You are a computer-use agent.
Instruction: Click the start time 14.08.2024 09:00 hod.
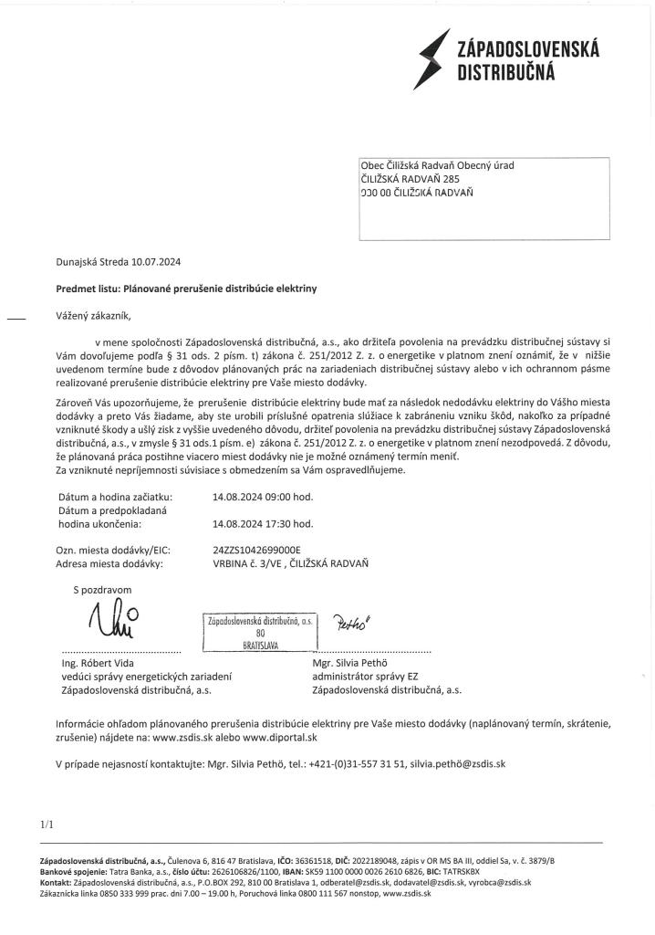tap(262, 497)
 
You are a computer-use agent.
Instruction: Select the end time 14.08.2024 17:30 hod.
tap(262, 524)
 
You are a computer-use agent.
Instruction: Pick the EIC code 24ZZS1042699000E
tap(255, 550)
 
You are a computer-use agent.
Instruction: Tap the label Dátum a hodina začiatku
tap(114, 497)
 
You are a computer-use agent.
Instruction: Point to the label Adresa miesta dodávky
tap(109, 563)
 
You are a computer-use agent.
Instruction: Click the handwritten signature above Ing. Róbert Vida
tap(114, 624)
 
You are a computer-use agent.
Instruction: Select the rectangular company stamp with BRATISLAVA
tap(259, 631)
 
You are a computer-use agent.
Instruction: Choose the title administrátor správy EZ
tap(368, 677)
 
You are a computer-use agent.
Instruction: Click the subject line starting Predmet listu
tap(186, 288)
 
